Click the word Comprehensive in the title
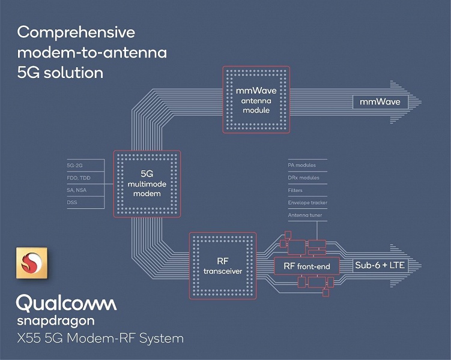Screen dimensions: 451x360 (76, 33)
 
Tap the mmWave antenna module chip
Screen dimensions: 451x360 (256, 100)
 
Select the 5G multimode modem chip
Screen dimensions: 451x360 (147, 184)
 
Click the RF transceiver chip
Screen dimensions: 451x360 (223, 266)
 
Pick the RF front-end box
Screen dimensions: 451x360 (307, 266)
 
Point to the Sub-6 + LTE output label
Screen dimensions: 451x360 (380, 265)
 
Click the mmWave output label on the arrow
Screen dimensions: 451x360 (380, 102)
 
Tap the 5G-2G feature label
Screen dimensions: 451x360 (75, 166)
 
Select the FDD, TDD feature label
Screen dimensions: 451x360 (79, 178)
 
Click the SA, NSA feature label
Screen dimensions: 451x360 (76, 190)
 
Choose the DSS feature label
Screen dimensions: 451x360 (72, 202)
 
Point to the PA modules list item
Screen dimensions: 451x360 (301, 165)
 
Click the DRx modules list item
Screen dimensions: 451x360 (303, 178)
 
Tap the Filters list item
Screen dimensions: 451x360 (295, 190)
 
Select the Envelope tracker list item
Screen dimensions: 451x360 (307, 203)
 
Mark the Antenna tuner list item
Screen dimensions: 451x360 (305, 215)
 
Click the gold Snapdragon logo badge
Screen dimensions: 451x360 (32, 263)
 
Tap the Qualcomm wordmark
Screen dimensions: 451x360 (67, 303)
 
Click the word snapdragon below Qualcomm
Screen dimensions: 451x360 (56, 321)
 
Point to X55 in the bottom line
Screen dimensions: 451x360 (29, 338)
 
